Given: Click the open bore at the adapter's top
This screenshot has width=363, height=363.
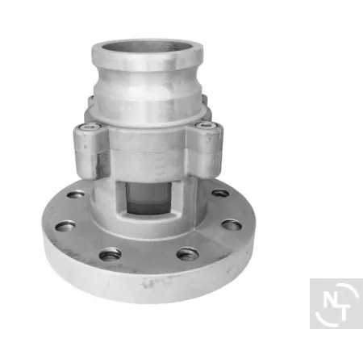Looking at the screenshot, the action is coord(148,48).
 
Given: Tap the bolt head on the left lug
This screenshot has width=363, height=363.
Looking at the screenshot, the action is coord(90,126).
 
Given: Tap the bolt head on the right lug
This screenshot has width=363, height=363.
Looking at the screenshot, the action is coord(206,125).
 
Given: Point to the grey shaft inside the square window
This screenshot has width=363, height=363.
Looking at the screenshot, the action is coord(148,198).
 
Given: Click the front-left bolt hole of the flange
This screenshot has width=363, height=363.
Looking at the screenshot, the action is coord(111,254).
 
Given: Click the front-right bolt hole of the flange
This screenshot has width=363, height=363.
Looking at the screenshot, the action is coord(188,254).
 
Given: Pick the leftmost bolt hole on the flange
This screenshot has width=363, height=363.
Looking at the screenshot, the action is coord(65,226).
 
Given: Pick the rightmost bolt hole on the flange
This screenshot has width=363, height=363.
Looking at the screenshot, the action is coord(232,225).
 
